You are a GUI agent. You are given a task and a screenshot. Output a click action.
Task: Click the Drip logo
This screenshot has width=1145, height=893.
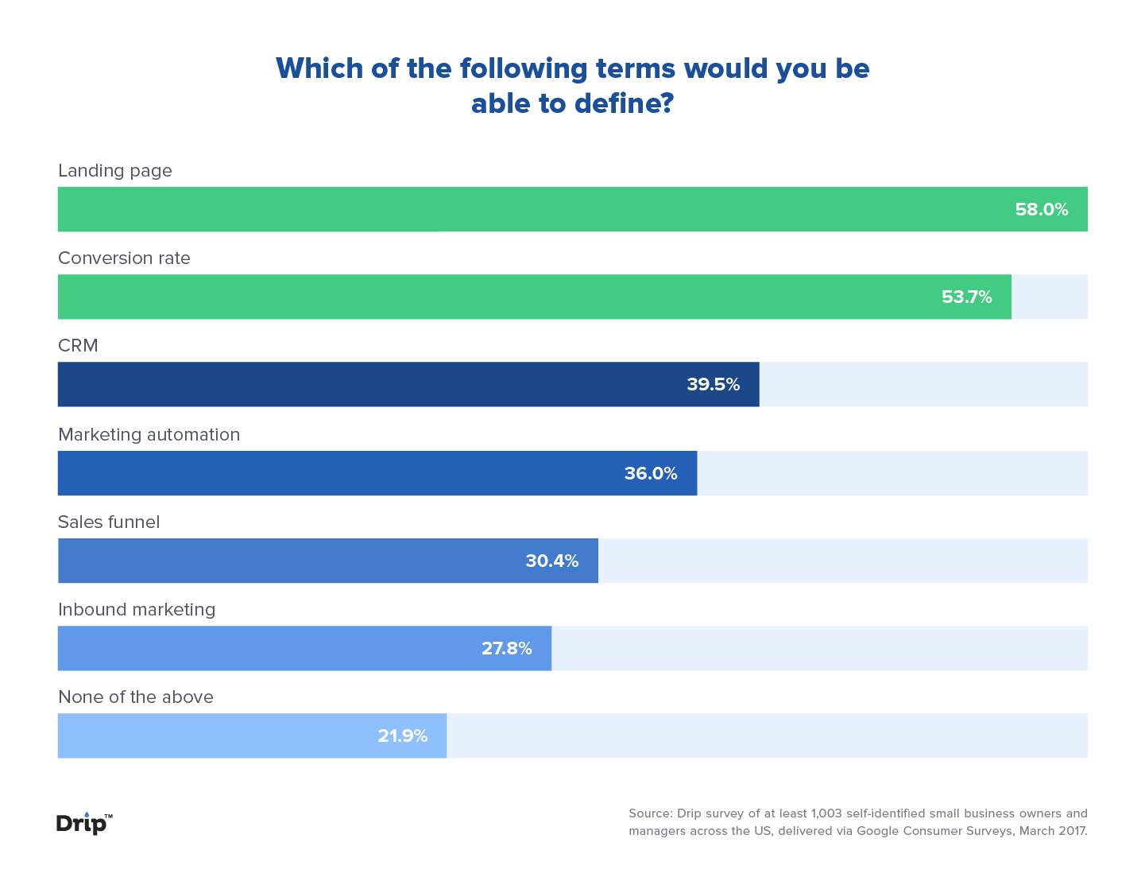83,824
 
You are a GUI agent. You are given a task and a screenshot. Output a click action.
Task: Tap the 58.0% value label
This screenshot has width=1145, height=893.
1041,210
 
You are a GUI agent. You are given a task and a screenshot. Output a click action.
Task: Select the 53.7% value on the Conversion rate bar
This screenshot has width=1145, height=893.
966,297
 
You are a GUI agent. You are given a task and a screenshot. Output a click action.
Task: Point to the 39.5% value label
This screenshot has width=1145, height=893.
713,385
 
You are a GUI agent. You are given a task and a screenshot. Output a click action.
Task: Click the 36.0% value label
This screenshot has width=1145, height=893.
650,474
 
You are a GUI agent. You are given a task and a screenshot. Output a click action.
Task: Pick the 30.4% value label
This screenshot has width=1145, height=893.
551,561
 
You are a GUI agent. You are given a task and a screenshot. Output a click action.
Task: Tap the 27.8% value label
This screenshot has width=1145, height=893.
506,649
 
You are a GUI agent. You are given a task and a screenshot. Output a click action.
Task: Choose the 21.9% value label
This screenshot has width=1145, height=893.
402,736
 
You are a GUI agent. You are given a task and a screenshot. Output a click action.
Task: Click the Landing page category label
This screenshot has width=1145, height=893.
115,171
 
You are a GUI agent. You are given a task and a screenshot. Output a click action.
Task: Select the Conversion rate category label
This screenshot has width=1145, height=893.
124,258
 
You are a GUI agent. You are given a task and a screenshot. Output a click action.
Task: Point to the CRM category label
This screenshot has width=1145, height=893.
78,346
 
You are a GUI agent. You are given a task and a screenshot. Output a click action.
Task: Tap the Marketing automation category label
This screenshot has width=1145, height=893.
149,435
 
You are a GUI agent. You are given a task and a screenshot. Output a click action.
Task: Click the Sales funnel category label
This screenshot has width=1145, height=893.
109,522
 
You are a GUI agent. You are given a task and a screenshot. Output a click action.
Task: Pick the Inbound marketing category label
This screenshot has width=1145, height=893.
137,610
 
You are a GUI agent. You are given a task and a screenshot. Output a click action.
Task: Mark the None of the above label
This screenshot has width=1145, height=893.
136,697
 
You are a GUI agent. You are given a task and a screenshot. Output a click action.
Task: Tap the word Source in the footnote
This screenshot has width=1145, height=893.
650,813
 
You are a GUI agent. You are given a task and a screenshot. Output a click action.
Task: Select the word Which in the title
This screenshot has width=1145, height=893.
319,68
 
